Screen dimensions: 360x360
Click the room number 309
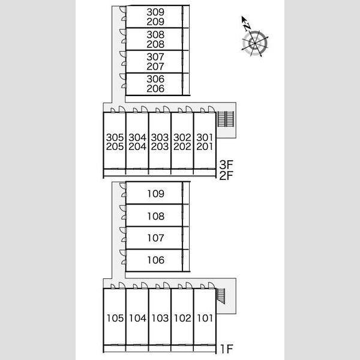click(155, 12)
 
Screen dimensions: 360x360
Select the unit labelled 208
click(155, 44)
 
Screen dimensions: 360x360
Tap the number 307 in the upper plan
click(155, 57)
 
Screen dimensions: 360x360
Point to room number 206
click(155, 89)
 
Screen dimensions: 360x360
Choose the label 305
click(115, 137)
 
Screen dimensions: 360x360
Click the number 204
click(137, 146)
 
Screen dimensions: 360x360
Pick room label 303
click(160, 137)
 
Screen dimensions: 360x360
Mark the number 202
click(182, 146)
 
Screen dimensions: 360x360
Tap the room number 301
click(205, 137)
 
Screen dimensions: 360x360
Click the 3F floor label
click(226, 164)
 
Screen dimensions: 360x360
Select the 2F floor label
click(226, 176)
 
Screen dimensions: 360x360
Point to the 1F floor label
click(227, 349)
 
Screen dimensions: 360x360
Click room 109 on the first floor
click(155, 194)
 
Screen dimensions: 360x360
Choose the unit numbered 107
click(155, 238)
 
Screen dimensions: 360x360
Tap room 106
click(155, 260)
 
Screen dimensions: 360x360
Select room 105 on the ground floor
click(115, 318)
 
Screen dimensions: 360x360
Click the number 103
click(160, 318)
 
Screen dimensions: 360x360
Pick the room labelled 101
click(205, 318)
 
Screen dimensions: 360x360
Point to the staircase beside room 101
click(221, 296)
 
